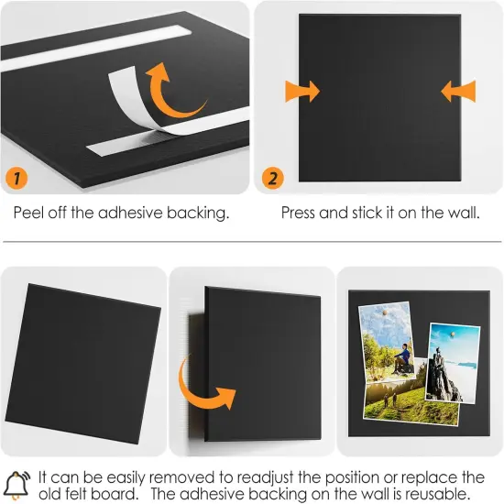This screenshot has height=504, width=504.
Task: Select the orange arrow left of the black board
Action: (x=302, y=92)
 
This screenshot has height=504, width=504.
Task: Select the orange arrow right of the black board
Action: (x=458, y=92)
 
